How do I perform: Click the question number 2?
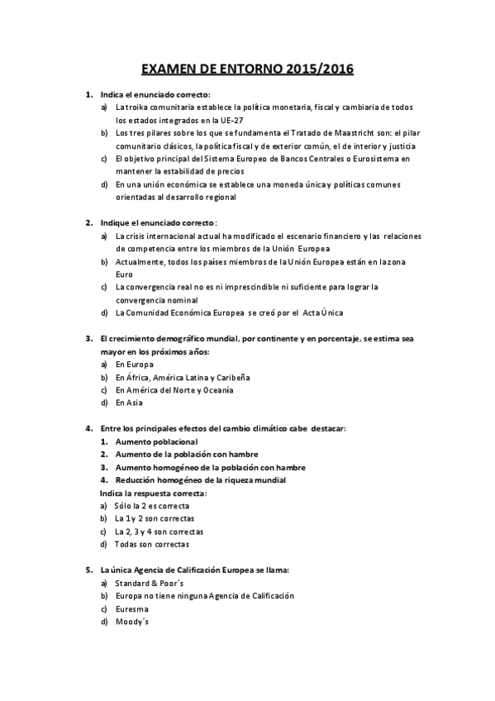pos(88,222)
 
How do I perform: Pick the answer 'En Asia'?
pos(129,403)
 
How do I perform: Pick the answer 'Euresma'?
pos(132,608)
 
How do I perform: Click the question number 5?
pos(88,570)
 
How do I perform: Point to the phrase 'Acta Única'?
pos(326,312)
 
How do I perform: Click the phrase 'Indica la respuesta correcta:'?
pos(153,493)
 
